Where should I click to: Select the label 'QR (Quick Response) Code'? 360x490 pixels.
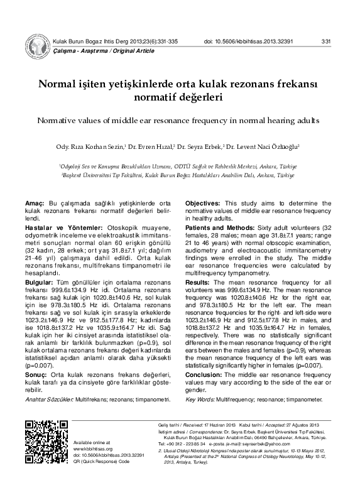102,460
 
